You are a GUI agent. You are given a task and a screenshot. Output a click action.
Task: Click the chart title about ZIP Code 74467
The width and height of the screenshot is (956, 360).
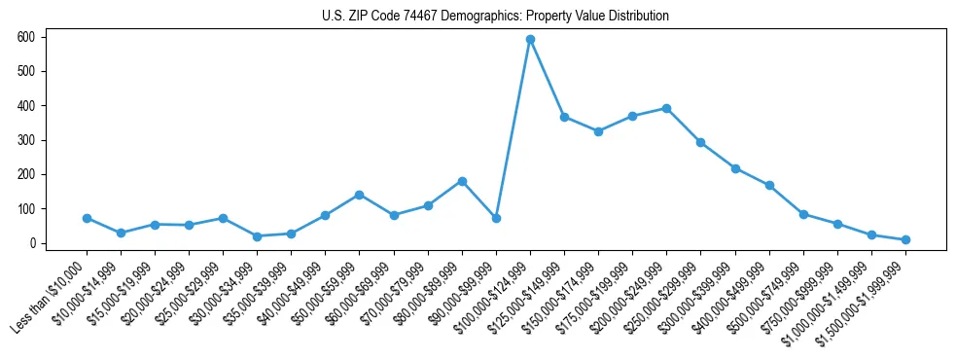pos(495,17)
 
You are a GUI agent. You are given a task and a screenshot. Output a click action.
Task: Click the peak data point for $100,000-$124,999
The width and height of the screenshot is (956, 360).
pos(530,39)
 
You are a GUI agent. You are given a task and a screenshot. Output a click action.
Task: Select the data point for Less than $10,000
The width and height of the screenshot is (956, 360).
pos(87,218)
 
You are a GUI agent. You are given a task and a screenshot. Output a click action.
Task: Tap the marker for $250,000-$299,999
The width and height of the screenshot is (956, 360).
pos(700,142)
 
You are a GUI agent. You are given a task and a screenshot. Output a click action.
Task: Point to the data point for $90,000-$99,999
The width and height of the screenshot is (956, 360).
pos(496,218)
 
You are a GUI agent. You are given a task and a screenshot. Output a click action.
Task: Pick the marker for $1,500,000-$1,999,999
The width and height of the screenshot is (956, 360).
pos(905,239)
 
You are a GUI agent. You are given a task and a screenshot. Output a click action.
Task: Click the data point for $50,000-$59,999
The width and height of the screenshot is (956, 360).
pos(360,195)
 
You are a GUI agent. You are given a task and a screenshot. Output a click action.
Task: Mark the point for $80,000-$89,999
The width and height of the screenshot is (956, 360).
pos(462,181)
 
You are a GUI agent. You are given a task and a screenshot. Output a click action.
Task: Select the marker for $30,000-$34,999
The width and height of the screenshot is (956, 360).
pos(257,236)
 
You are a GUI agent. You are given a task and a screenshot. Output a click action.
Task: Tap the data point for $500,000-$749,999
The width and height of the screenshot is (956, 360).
pos(803,214)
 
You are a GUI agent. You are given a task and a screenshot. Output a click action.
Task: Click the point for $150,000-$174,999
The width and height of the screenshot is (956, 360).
pos(598,131)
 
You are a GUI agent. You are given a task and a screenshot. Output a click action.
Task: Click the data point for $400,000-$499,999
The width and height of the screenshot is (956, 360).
pos(769,185)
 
